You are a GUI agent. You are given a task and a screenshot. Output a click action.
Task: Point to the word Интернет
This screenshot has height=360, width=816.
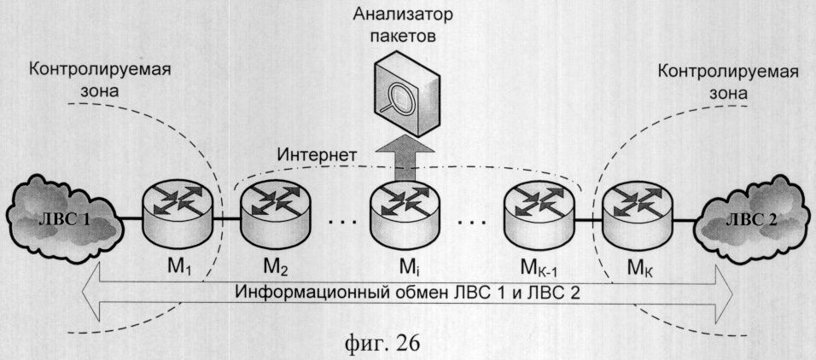coord(317,156)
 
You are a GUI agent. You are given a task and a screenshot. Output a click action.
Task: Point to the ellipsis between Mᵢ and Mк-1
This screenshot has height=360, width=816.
coord(470,222)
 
